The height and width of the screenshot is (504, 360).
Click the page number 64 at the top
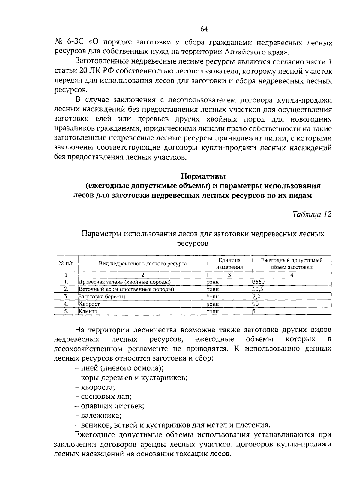tap(204, 29)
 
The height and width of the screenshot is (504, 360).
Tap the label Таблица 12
tap(312, 214)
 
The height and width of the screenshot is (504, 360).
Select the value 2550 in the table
tap(259, 282)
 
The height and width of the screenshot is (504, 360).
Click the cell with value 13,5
tap(258, 289)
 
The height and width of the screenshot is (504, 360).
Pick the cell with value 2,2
tap(256, 297)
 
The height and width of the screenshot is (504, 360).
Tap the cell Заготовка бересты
tap(102, 297)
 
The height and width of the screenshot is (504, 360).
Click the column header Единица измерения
tap(229, 264)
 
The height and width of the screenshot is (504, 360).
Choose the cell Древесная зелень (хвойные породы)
tap(124, 282)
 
